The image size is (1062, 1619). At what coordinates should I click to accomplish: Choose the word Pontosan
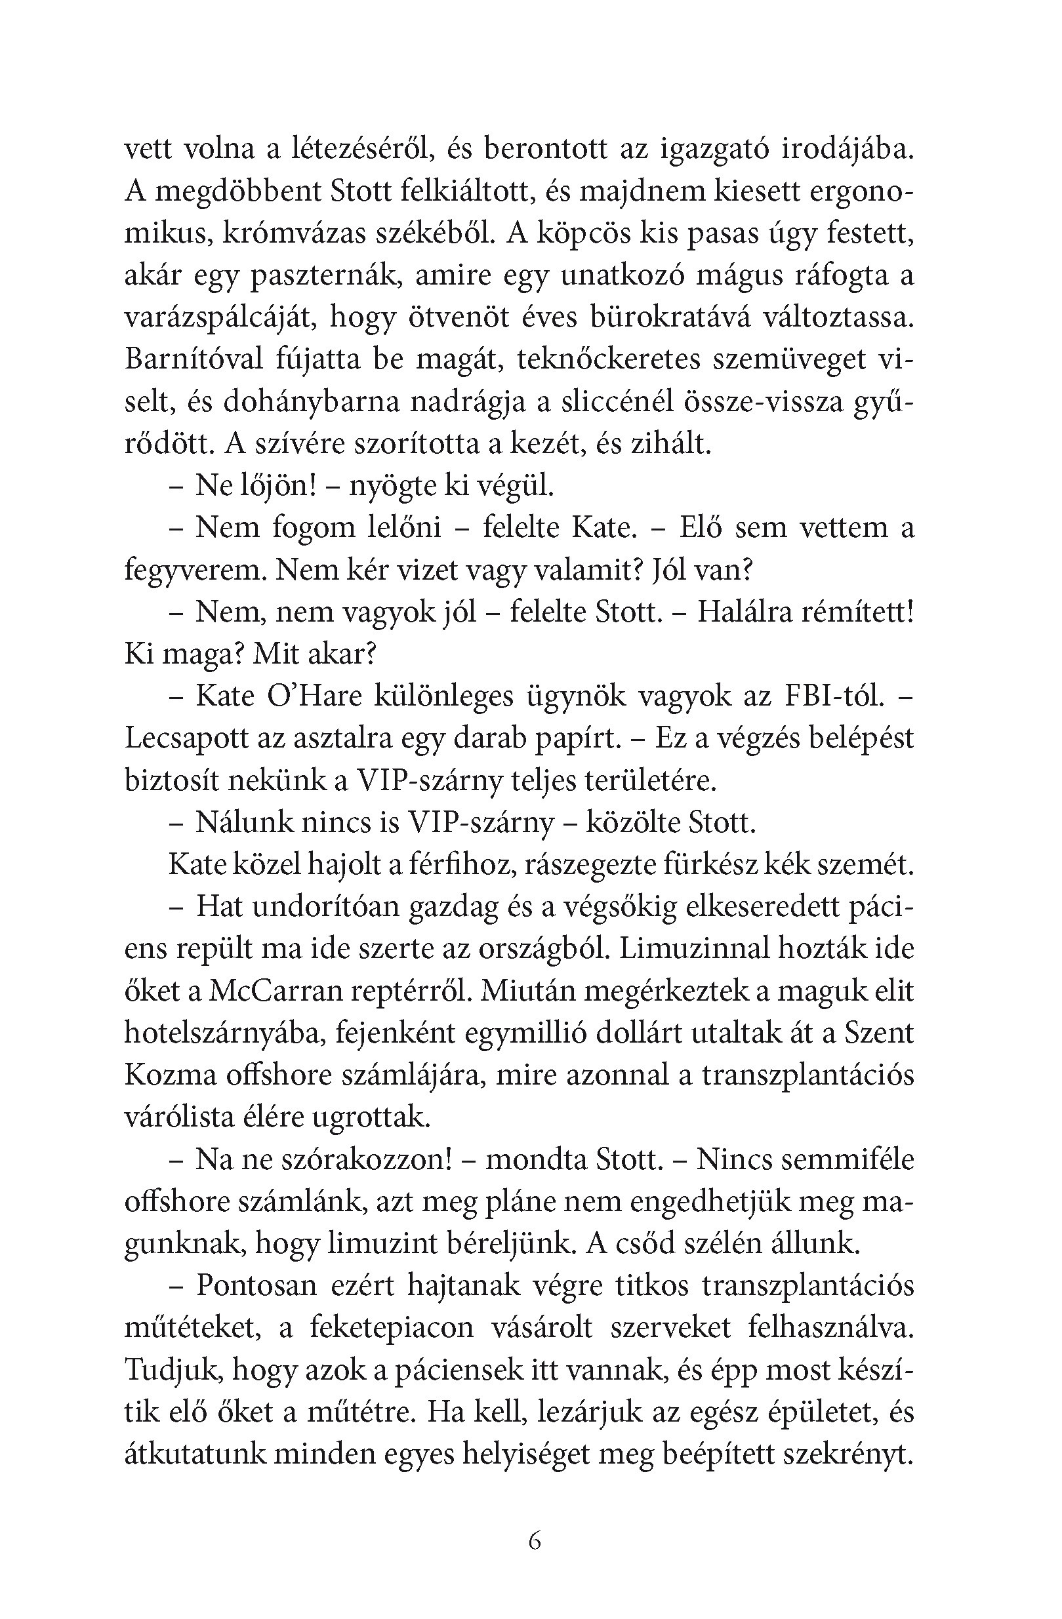(256, 1286)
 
